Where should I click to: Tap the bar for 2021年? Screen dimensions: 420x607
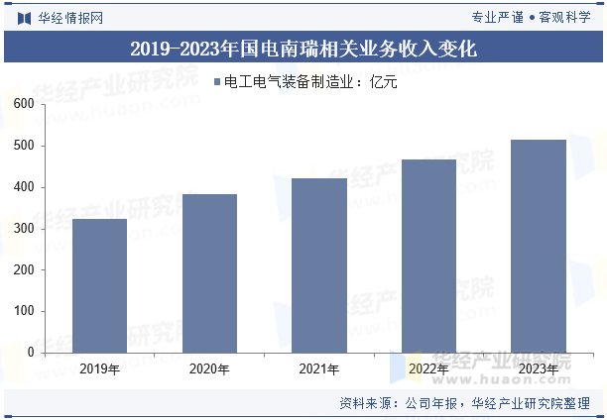pyautogui.click(x=319, y=264)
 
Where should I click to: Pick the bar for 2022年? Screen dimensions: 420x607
pyautogui.click(x=429, y=256)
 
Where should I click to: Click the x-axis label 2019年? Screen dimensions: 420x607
pyautogui.click(x=99, y=370)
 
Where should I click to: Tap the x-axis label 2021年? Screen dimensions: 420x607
pyautogui.click(x=319, y=370)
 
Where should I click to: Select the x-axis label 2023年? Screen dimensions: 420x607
pyautogui.click(x=539, y=370)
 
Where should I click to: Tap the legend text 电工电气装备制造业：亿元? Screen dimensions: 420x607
pyautogui.click(x=310, y=82)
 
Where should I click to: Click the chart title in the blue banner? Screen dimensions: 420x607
pyautogui.click(x=303, y=47)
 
